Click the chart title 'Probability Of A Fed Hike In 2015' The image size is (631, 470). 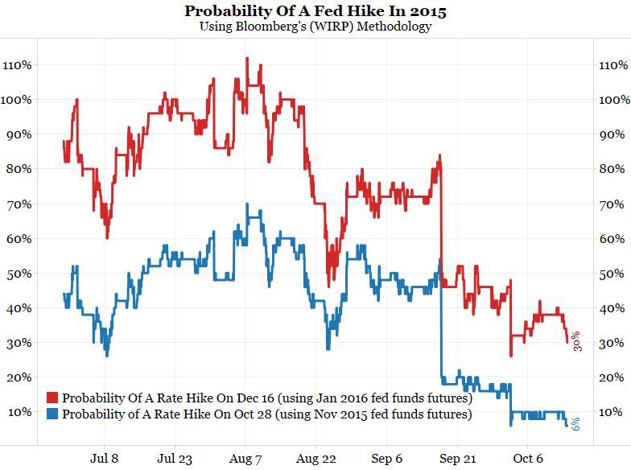(315, 11)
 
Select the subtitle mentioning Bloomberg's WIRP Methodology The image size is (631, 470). (315, 27)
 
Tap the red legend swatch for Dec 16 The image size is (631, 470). (52, 398)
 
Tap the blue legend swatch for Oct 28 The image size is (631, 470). (52, 415)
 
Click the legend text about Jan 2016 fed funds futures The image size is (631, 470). (267, 398)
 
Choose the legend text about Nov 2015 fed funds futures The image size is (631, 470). (266, 415)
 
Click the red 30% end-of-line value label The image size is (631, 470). (576, 341)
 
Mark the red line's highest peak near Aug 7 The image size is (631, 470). (247, 59)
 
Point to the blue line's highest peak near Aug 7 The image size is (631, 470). (247, 204)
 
